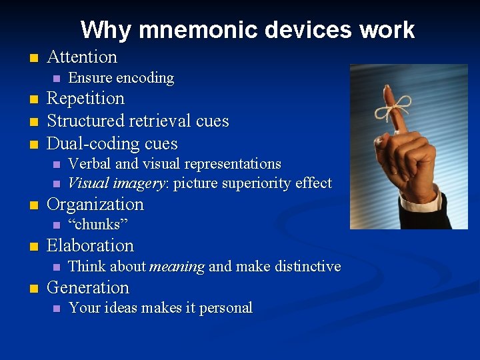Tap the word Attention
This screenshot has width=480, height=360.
(x=82, y=57)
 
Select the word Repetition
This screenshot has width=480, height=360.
(x=85, y=99)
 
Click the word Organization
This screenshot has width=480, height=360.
(x=95, y=205)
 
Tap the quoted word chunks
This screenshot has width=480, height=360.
(x=98, y=225)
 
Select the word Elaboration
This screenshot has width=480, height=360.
(x=90, y=246)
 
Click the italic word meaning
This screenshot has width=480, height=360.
(x=177, y=267)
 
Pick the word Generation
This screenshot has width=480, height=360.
(x=88, y=288)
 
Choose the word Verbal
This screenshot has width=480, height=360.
(x=87, y=164)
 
